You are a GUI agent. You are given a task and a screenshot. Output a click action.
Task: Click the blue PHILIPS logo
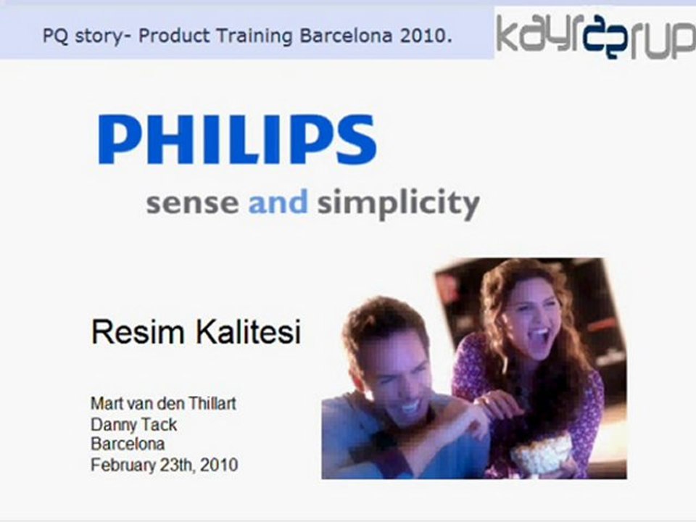(238, 139)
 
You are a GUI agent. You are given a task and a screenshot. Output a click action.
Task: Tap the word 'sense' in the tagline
(192, 203)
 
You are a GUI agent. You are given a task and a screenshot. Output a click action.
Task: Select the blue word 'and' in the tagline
(278, 201)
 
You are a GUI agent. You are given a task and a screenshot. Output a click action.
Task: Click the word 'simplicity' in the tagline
(399, 204)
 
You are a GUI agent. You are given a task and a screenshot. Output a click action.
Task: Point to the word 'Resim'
(138, 331)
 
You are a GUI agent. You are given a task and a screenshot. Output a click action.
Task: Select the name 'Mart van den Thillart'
(163, 404)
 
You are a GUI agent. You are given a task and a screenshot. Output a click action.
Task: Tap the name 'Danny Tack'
(134, 425)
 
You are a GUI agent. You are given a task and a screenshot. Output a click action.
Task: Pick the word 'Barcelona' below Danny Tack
(128, 444)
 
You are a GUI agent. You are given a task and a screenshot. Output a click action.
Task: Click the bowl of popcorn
(541, 455)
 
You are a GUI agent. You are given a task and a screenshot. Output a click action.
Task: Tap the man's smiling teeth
(411, 405)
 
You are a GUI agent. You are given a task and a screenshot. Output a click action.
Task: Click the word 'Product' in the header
(174, 36)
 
